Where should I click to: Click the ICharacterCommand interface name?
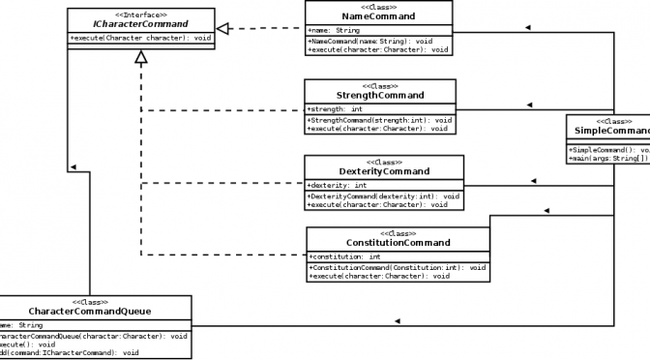click(139, 24)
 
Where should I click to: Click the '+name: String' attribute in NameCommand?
click(335, 30)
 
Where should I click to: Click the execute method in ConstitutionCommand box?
click(379, 276)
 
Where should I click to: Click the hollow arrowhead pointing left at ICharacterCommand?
click(223, 29)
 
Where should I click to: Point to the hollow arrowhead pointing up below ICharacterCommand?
click(141, 57)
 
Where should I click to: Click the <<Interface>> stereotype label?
click(139, 14)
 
